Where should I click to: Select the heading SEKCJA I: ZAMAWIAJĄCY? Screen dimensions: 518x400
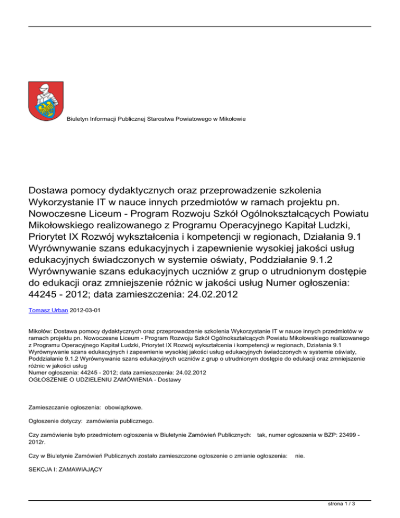pos(65,469)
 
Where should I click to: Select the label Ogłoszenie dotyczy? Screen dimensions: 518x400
pos(55,420)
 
